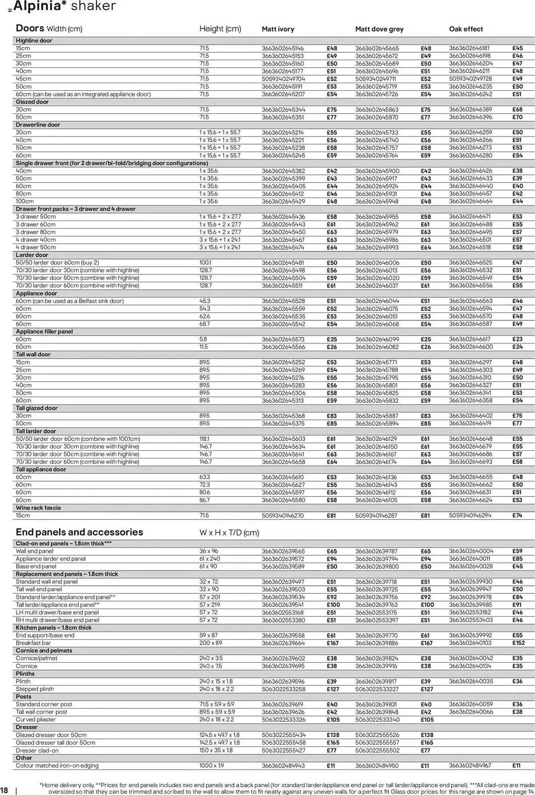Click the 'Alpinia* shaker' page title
(x=64, y=6)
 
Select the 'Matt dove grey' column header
(x=379, y=29)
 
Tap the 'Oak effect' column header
(x=465, y=29)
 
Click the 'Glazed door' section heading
(x=32, y=102)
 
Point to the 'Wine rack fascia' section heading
(x=38, y=508)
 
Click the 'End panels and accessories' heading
(x=79, y=532)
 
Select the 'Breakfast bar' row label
(x=33, y=643)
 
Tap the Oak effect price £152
(x=518, y=643)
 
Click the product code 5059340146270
(x=282, y=516)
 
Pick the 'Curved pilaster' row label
(x=36, y=719)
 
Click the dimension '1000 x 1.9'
(x=212, y=766)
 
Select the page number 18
(x=4, y=790)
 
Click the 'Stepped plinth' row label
(x=35, y=689)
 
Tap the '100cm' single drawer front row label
(x=25, y=202)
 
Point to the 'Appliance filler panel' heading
(x=44, y=332)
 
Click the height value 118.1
(x=204, y=439)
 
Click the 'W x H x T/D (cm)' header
(x=229, y=533)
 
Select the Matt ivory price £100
(x=333, y=605)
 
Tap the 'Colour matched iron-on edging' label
(x=57, y=766)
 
